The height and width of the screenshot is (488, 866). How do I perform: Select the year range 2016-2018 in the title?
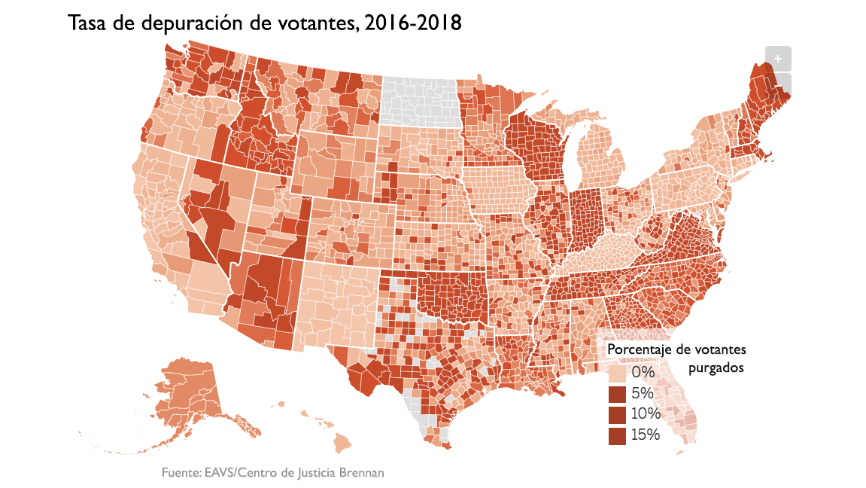412,23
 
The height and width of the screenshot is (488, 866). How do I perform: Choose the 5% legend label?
643,393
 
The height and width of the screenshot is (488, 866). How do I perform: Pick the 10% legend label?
646,413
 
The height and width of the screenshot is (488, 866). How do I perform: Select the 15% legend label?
646,435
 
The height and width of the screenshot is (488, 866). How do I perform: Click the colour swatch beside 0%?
617,374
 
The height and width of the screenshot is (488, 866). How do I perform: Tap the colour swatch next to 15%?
617,435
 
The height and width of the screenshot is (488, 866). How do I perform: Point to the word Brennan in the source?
361,473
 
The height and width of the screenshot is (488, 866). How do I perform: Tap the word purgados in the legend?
716,368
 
